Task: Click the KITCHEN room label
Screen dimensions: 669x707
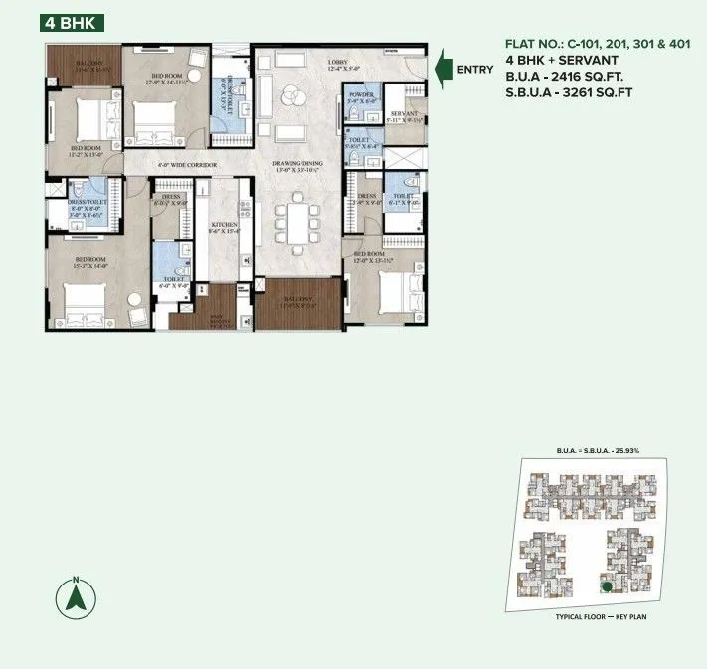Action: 223,226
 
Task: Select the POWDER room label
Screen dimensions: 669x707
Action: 359,95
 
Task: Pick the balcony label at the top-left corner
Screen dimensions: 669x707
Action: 83,66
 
